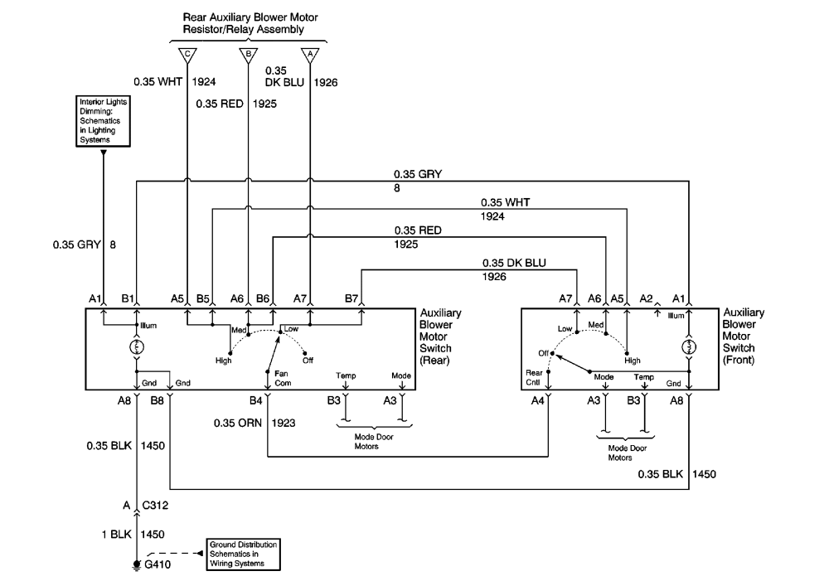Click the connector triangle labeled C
click(187, 56)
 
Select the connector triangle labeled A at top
click(310, 56)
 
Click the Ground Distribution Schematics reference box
click(244, 553)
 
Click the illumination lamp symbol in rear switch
click(135, 346)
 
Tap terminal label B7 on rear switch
click(351, 299)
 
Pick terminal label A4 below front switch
click(539, 400)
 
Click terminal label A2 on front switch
click(647, 299)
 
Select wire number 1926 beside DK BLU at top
click(326, 82)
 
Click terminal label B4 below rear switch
click(257, 400)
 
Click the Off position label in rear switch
click(309, 360)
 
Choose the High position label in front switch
click(633, 360)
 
